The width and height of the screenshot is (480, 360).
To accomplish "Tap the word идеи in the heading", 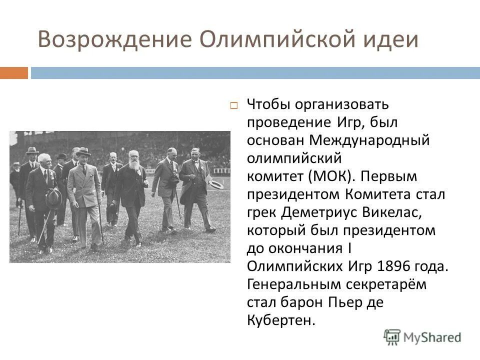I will point(393,40).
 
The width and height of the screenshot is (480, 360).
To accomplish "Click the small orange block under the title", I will point(13,73).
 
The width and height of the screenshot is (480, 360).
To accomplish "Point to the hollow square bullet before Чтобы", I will point(233,105).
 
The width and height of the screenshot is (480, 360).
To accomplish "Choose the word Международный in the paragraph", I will point(369,140).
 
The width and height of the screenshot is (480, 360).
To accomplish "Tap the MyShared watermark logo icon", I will point(392,336).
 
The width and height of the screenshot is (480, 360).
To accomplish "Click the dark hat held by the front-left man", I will point(53,198).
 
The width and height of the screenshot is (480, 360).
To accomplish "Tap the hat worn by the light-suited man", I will point(83,151).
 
